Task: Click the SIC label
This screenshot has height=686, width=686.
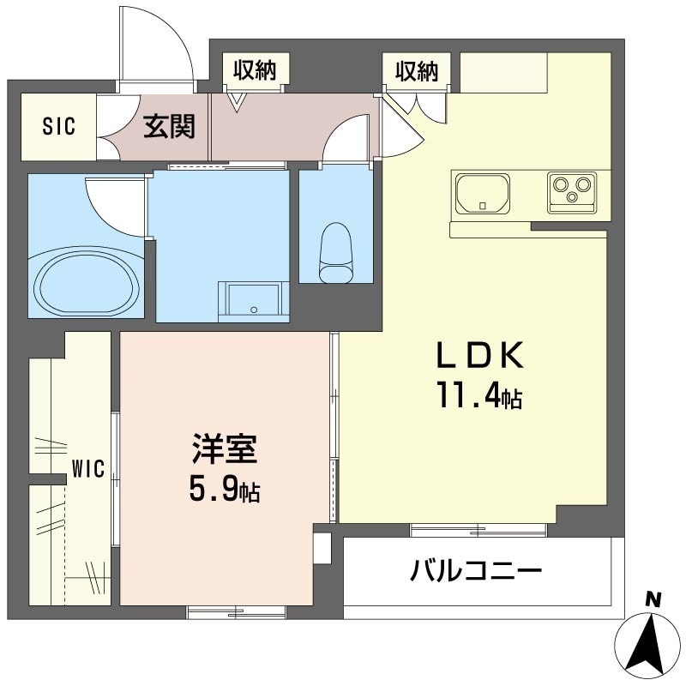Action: click(x=59, y=126)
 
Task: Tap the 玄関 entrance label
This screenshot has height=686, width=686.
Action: click(x=169, y=126)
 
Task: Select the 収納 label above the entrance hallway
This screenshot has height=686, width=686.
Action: click(x=255, y=70)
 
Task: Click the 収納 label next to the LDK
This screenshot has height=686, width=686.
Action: click(x=417, y=70)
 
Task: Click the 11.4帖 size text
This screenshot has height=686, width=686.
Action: click(x=478, y=396)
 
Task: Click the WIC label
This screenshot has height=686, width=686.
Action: click(x=87, y=469)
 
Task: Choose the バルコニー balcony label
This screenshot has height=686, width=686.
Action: click(x=476, y=569)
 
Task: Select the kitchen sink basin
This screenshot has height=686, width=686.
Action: click(x=482, y=194)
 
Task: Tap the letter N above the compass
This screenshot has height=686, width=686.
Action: click(x=653, y=600)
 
